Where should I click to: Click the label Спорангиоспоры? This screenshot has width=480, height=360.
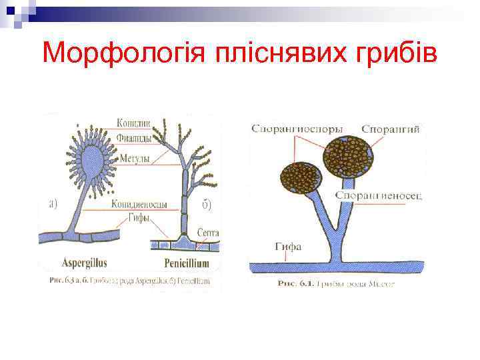[x=297, y=128]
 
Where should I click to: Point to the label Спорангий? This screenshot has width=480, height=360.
[x=391, y=128]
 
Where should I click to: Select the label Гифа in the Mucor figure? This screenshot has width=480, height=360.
[x=288, y=246]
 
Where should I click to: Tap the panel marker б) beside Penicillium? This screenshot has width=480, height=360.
[x=206, y=204]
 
